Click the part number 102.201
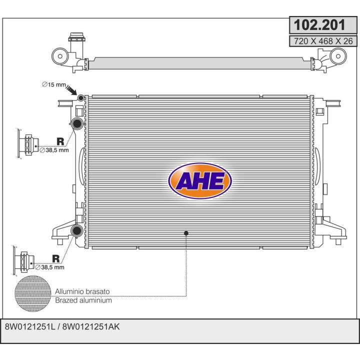click(319, 25)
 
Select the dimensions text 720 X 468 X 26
click(323, 41)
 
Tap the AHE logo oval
click(200, 180)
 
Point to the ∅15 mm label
click(54, 84)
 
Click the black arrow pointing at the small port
click(71, 90)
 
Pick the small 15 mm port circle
click(81, 98)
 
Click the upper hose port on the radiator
click(77, 124)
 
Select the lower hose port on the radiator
click(76, 230)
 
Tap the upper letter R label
click(60, 141)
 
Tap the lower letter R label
click(56, 258)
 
